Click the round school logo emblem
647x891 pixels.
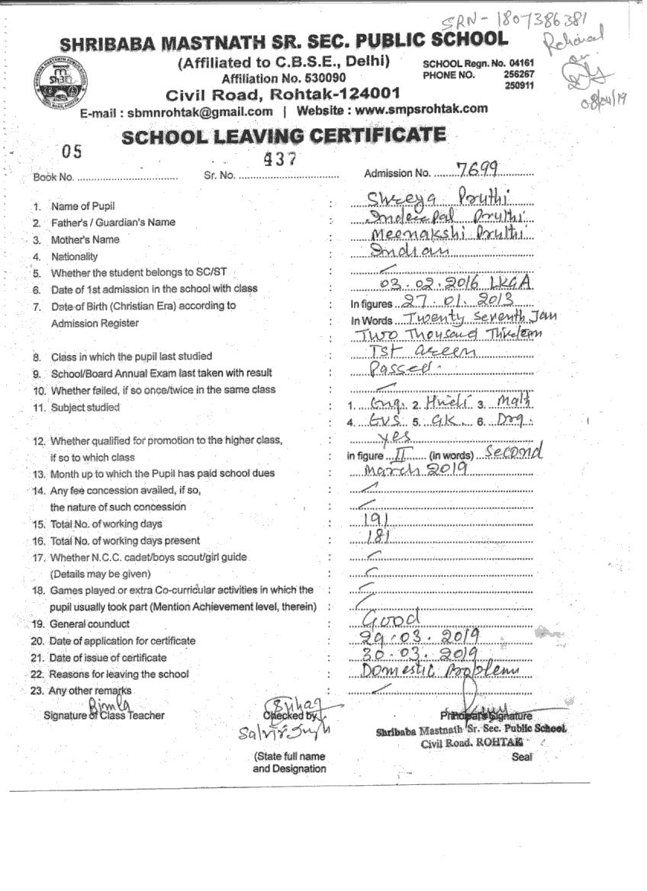pos(60,80)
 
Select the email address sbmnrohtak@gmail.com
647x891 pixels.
pos(200,111)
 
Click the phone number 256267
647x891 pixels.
pos(519,75)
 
